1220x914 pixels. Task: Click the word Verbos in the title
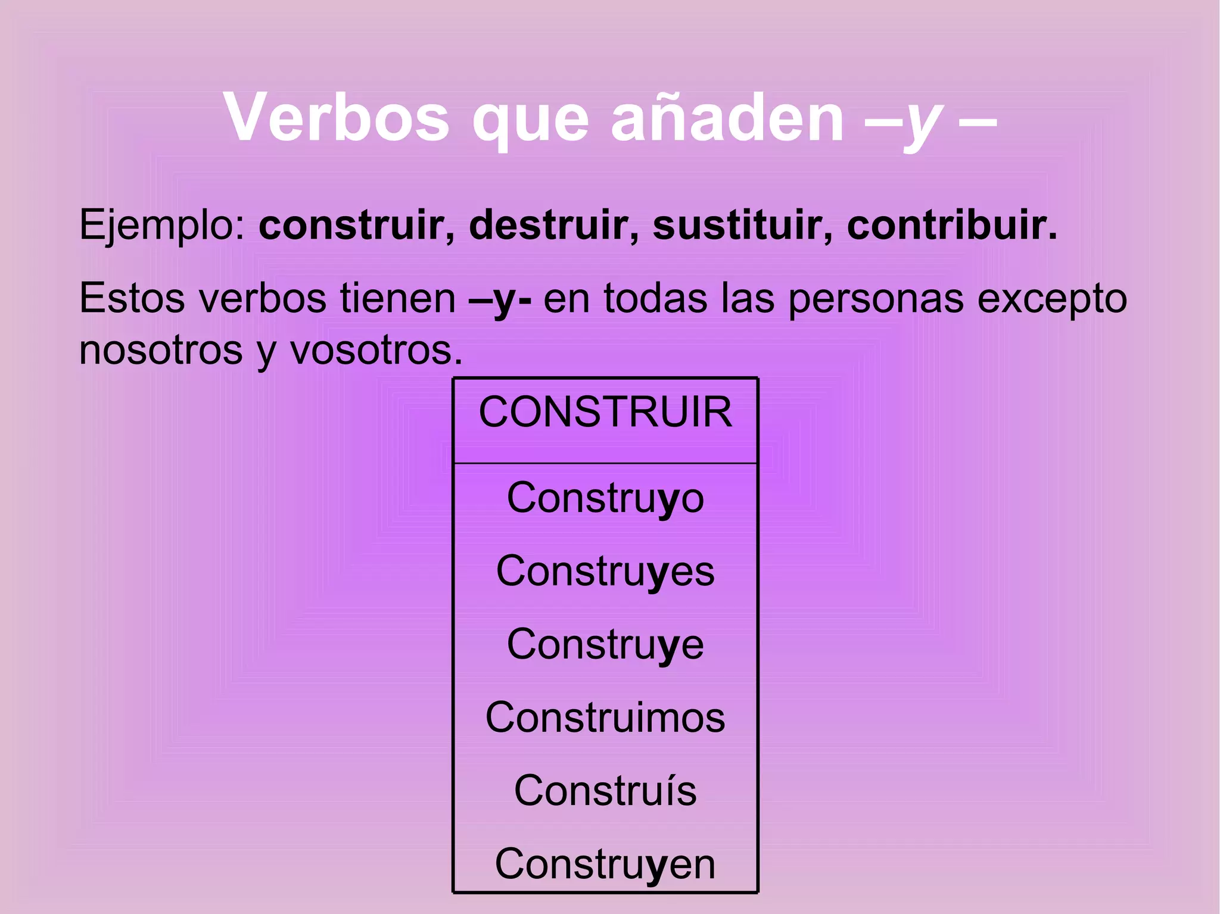[336, 118]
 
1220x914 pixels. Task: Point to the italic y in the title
[923, 122]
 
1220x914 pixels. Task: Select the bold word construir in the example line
[356, 225]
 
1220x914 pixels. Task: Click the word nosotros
[161, 350]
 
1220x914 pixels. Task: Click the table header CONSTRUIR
[605, 412]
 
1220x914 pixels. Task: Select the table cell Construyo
[605, 498]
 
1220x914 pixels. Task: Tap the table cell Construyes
[605, 571]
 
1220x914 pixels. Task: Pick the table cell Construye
[605, 644]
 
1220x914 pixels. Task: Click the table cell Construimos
[605, 718]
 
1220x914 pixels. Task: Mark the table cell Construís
[605, 791]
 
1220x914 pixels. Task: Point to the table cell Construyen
[605, 864]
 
